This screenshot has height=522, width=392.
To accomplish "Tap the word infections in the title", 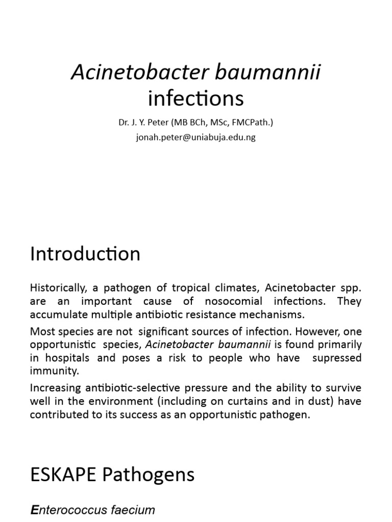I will pyautogui.click(x=195, y=98).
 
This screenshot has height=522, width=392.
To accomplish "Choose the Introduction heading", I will pyautogui.click(x=85, y=254).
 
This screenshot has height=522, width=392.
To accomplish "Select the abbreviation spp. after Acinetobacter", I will pyautogui.click(x=351, y=288).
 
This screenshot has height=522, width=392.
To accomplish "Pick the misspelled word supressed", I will pyautogui.click(x=337, y=357).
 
